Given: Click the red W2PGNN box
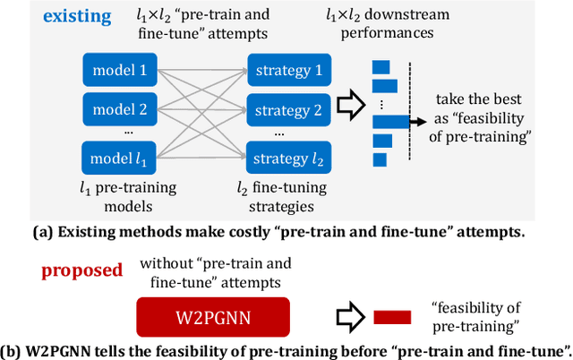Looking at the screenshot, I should pyautogui.click(x=212, y=318).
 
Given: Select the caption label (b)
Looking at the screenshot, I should pyautogui.click(x=17, y=348).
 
